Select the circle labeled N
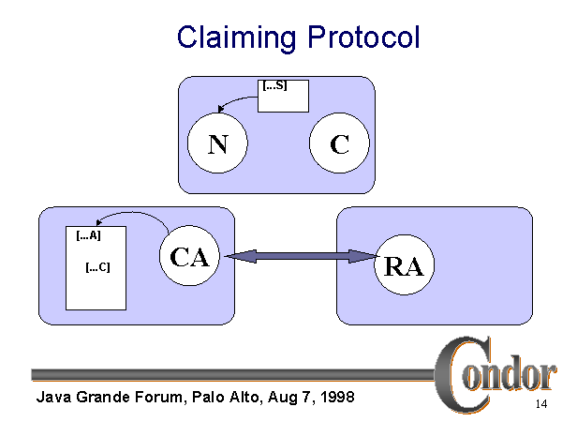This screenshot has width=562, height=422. (x=217, y=145)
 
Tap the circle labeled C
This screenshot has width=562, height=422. (x=340, y=145)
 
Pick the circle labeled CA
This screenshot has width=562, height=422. (x=189, y=257)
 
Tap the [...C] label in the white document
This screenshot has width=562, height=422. (x=97, y=267)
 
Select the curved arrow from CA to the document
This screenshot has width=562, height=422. (x=131, y=215)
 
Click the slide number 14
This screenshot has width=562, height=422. (x=540, y=404)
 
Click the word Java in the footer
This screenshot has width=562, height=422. (x=53, y=397)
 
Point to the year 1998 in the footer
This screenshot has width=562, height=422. (x=335, y=397)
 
